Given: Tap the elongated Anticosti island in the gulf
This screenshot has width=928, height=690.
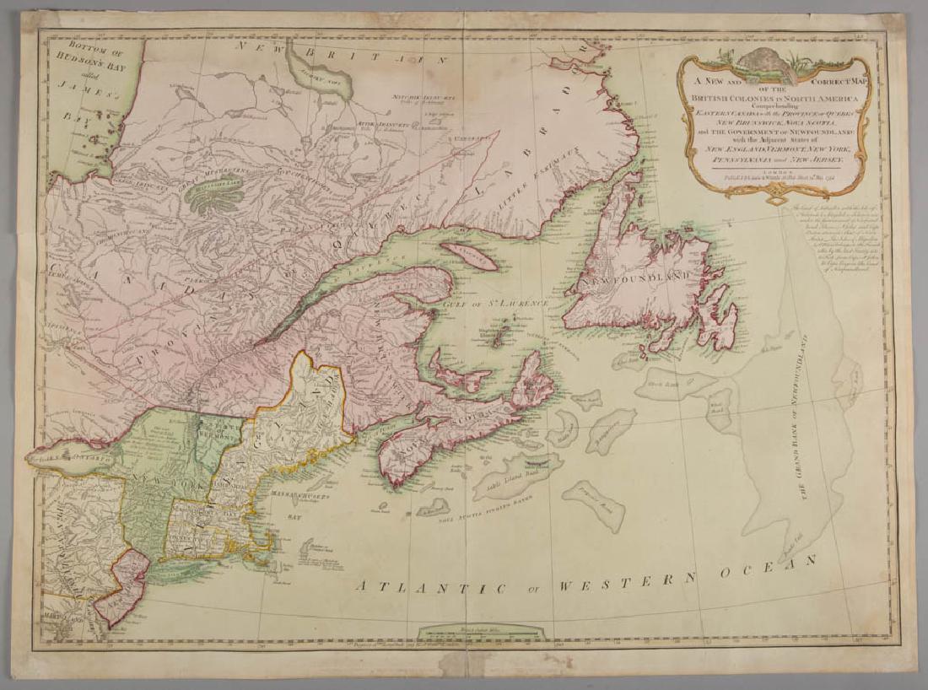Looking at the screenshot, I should point(469,256).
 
